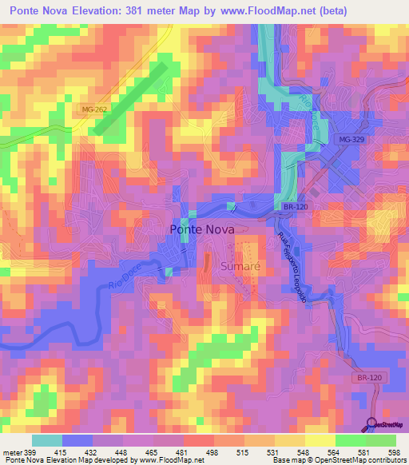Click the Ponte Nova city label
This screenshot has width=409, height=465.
point(203,230)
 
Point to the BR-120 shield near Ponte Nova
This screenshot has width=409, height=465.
point(295,206)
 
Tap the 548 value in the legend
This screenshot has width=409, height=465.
point(304,451)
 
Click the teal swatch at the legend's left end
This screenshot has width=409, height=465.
point(47,440)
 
